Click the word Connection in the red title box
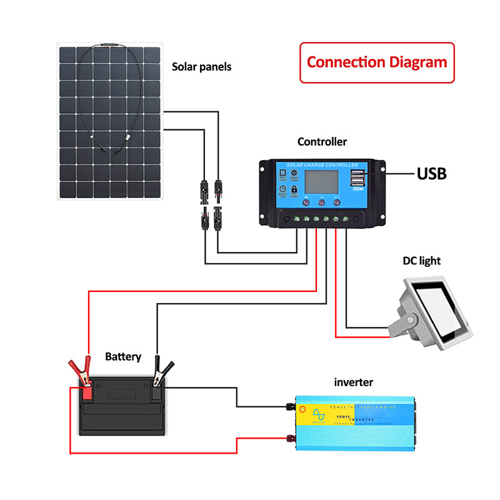pyautogui.click(x=346, y=62)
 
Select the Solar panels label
pyautogui.click(x=201, y=66)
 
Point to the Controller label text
pyautogui.click(x=322, y=142)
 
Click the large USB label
pyautogui.click(x=432, y=173)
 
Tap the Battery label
pyautogui.click(x=123, y=357)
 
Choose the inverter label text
pyautogui.click(x=353, y=381)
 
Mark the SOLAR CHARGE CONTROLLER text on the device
pyautogui.click(x=322, y=165)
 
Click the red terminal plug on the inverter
pyautogui.click(x=291, y=439)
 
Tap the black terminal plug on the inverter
pyautogui.click(x=291, y=407)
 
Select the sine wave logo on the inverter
pyautogui.click(x=319, y=416)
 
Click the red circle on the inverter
pyautogui.click(x=303, y=411)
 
